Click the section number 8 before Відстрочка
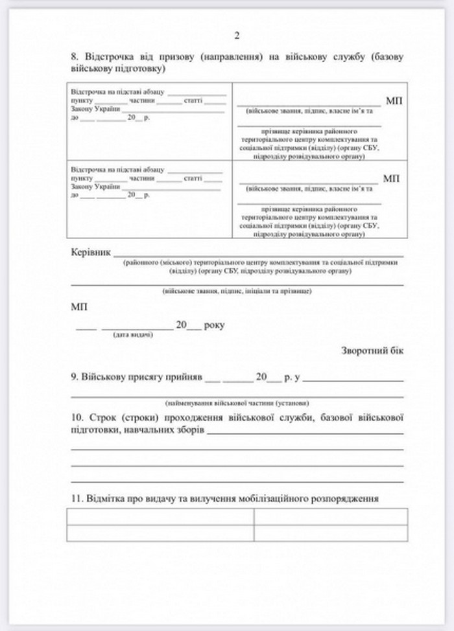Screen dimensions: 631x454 click(73, 57)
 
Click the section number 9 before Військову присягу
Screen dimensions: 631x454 click(73, 377)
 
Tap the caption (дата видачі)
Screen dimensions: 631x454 click(133, 336)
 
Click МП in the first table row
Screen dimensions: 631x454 click(394, 101)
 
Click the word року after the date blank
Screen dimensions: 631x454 click(214, 325)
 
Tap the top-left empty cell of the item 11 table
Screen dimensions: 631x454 click(160, 517)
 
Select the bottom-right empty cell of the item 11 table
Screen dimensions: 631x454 click(330, 533)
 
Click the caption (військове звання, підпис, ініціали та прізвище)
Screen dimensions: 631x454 click(237, 292)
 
